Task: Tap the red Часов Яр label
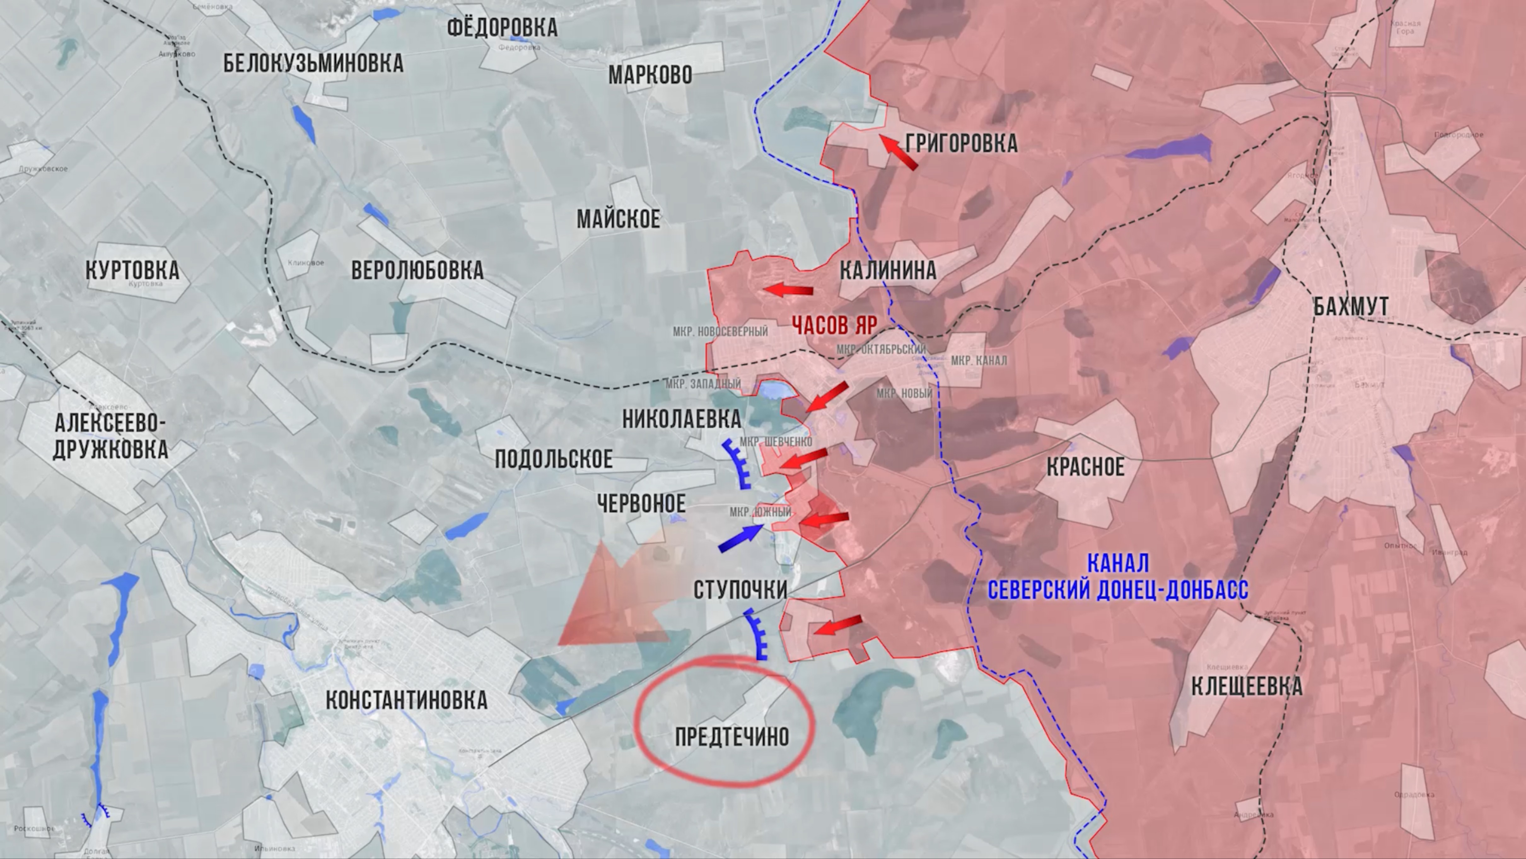[x=834, y=325]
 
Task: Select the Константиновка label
[x=406, y=700]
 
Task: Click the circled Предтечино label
[x=732, y=736]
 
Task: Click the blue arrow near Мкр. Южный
[x=741, y=538]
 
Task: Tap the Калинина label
[x=888, y=271]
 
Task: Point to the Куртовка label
[x=132, y=270]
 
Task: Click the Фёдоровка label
[x=502, y=27]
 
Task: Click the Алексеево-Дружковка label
[x=110, y=436]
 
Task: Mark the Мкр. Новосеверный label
[x=720, y=331]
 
